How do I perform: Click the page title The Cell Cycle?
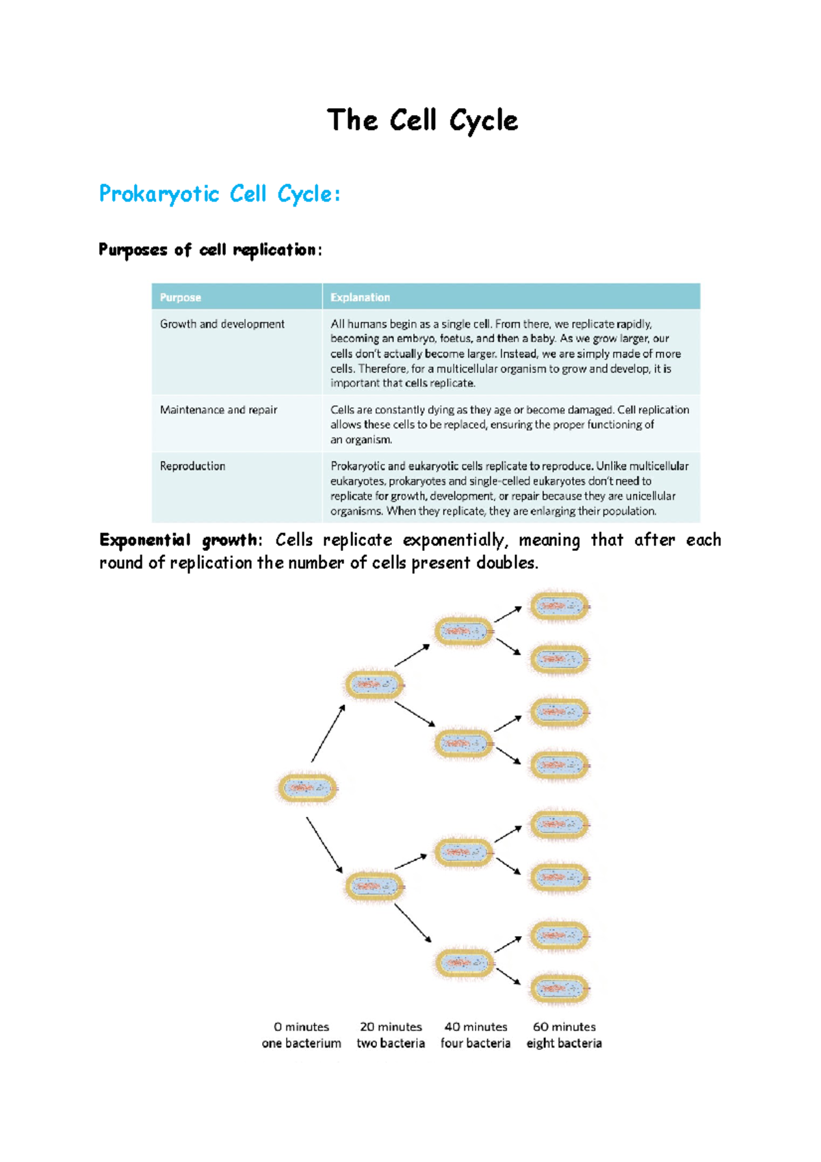[x=422, y=120]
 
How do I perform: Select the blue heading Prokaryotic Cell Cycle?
[x=219, y=194]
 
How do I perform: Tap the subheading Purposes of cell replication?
[x=209, y=250]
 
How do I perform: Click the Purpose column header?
[x=181, y=298]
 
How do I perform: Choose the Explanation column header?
[x=360, y=298]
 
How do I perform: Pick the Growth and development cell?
[x=222, y=324]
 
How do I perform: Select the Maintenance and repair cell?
[x=218, y=410]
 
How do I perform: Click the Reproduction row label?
[x=192, y=466]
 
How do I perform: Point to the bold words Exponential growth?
[x=178, y=541]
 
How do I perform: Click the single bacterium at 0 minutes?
[x=307, y=788]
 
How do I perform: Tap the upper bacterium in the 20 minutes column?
[x=374, y=684]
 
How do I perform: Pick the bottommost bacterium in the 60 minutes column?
[x=560, y=988]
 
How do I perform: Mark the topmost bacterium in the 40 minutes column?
[x=464, y=632]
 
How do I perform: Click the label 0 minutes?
[x=301, y=1027]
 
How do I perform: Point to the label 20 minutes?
[x=391, y=1027]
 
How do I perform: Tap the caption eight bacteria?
[x=564, y=1044]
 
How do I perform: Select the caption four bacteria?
[x=475, y=1044]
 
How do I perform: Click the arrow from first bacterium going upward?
[x=328, y=734]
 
